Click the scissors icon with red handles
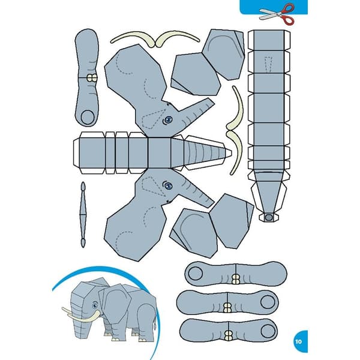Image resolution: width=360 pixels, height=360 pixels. pos(277,14)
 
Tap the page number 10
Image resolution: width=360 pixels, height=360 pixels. pos(298,341)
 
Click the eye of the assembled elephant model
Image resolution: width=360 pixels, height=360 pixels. pos(95,305)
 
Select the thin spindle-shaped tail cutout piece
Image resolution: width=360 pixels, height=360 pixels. pos(83,215)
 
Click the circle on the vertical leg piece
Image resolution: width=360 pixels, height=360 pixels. pos(88,117)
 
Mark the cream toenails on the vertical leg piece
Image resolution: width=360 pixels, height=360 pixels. pos(92,78)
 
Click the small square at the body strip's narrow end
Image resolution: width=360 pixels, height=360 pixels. pos(268,217)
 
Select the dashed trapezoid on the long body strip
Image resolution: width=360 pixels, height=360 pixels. pos(268,64)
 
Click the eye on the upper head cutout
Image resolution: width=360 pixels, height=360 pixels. pos(168,119)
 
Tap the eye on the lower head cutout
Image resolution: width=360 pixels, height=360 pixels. pos(168,185)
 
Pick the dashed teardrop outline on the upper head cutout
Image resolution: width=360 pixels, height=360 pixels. pos(152,119)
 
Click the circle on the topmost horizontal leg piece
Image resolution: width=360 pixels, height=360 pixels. pos(195,274)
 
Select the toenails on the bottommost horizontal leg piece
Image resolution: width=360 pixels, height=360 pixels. pos(228,335)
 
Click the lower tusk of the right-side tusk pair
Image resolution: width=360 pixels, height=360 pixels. pos(235,152)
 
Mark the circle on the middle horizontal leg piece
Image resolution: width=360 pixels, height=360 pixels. pos(268,302)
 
